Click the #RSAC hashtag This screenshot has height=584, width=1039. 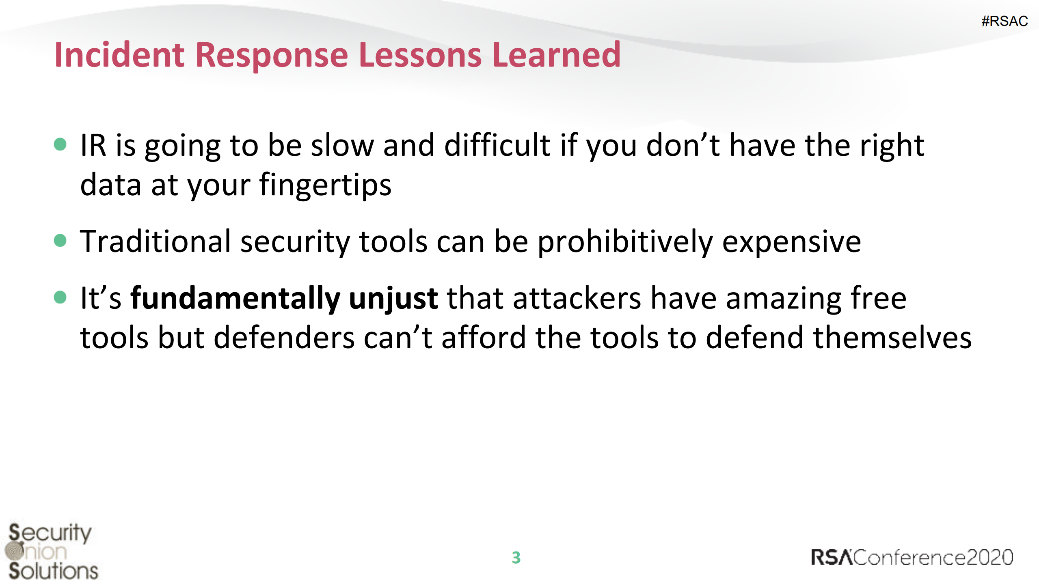click(x=1004, y=21)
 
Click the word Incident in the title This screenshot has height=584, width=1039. click(x=120, y=55)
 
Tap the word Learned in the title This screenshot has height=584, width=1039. click(x=556, y=55)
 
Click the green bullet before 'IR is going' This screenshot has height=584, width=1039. click(x=60, y=144)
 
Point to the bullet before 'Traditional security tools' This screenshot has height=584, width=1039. click(x=60, y=240)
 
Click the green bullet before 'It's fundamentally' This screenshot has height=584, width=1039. click(x=60, y=297)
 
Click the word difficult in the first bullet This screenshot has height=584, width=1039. click(x=498, y=145)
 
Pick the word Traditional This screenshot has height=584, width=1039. click(x=155, y=242)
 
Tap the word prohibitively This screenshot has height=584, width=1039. click(x=625, y=243)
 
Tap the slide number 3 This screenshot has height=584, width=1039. click(x=516, y=558)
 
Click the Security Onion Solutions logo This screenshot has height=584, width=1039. click(x=52, y=551)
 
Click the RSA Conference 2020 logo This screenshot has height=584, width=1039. click(x=912, y=557)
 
